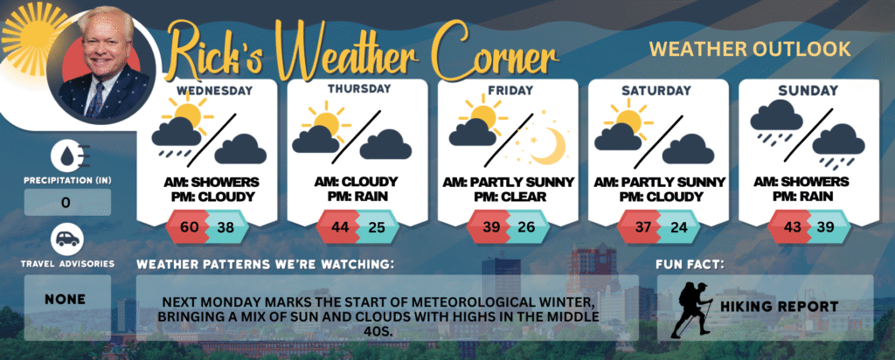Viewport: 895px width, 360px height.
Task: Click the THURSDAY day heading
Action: tap(359, 89)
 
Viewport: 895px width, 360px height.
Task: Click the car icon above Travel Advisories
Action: tap(67, 239)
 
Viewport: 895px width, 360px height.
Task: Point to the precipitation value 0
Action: tap(66, 203)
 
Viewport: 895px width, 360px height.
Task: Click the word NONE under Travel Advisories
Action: tap(66, 300)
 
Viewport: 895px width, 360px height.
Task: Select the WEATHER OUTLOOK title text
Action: tap(750, 49)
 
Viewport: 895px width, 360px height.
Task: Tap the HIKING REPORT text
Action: tap(779, 307)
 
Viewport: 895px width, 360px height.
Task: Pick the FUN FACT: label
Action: tap(690, 265)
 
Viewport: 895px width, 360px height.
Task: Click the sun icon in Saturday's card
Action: tap(629, 118)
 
